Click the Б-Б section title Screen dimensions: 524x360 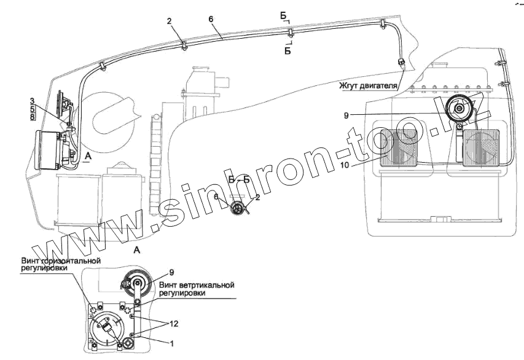[x=238, y=179]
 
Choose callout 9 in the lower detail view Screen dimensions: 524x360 [x=171, y=272]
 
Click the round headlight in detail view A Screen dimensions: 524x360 [x=109, y=329]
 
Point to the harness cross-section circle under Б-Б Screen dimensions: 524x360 [x=237, y=208]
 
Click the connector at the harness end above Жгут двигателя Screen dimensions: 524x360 [x=401, y=63]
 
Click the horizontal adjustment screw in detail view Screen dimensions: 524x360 [x=95, y=308]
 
